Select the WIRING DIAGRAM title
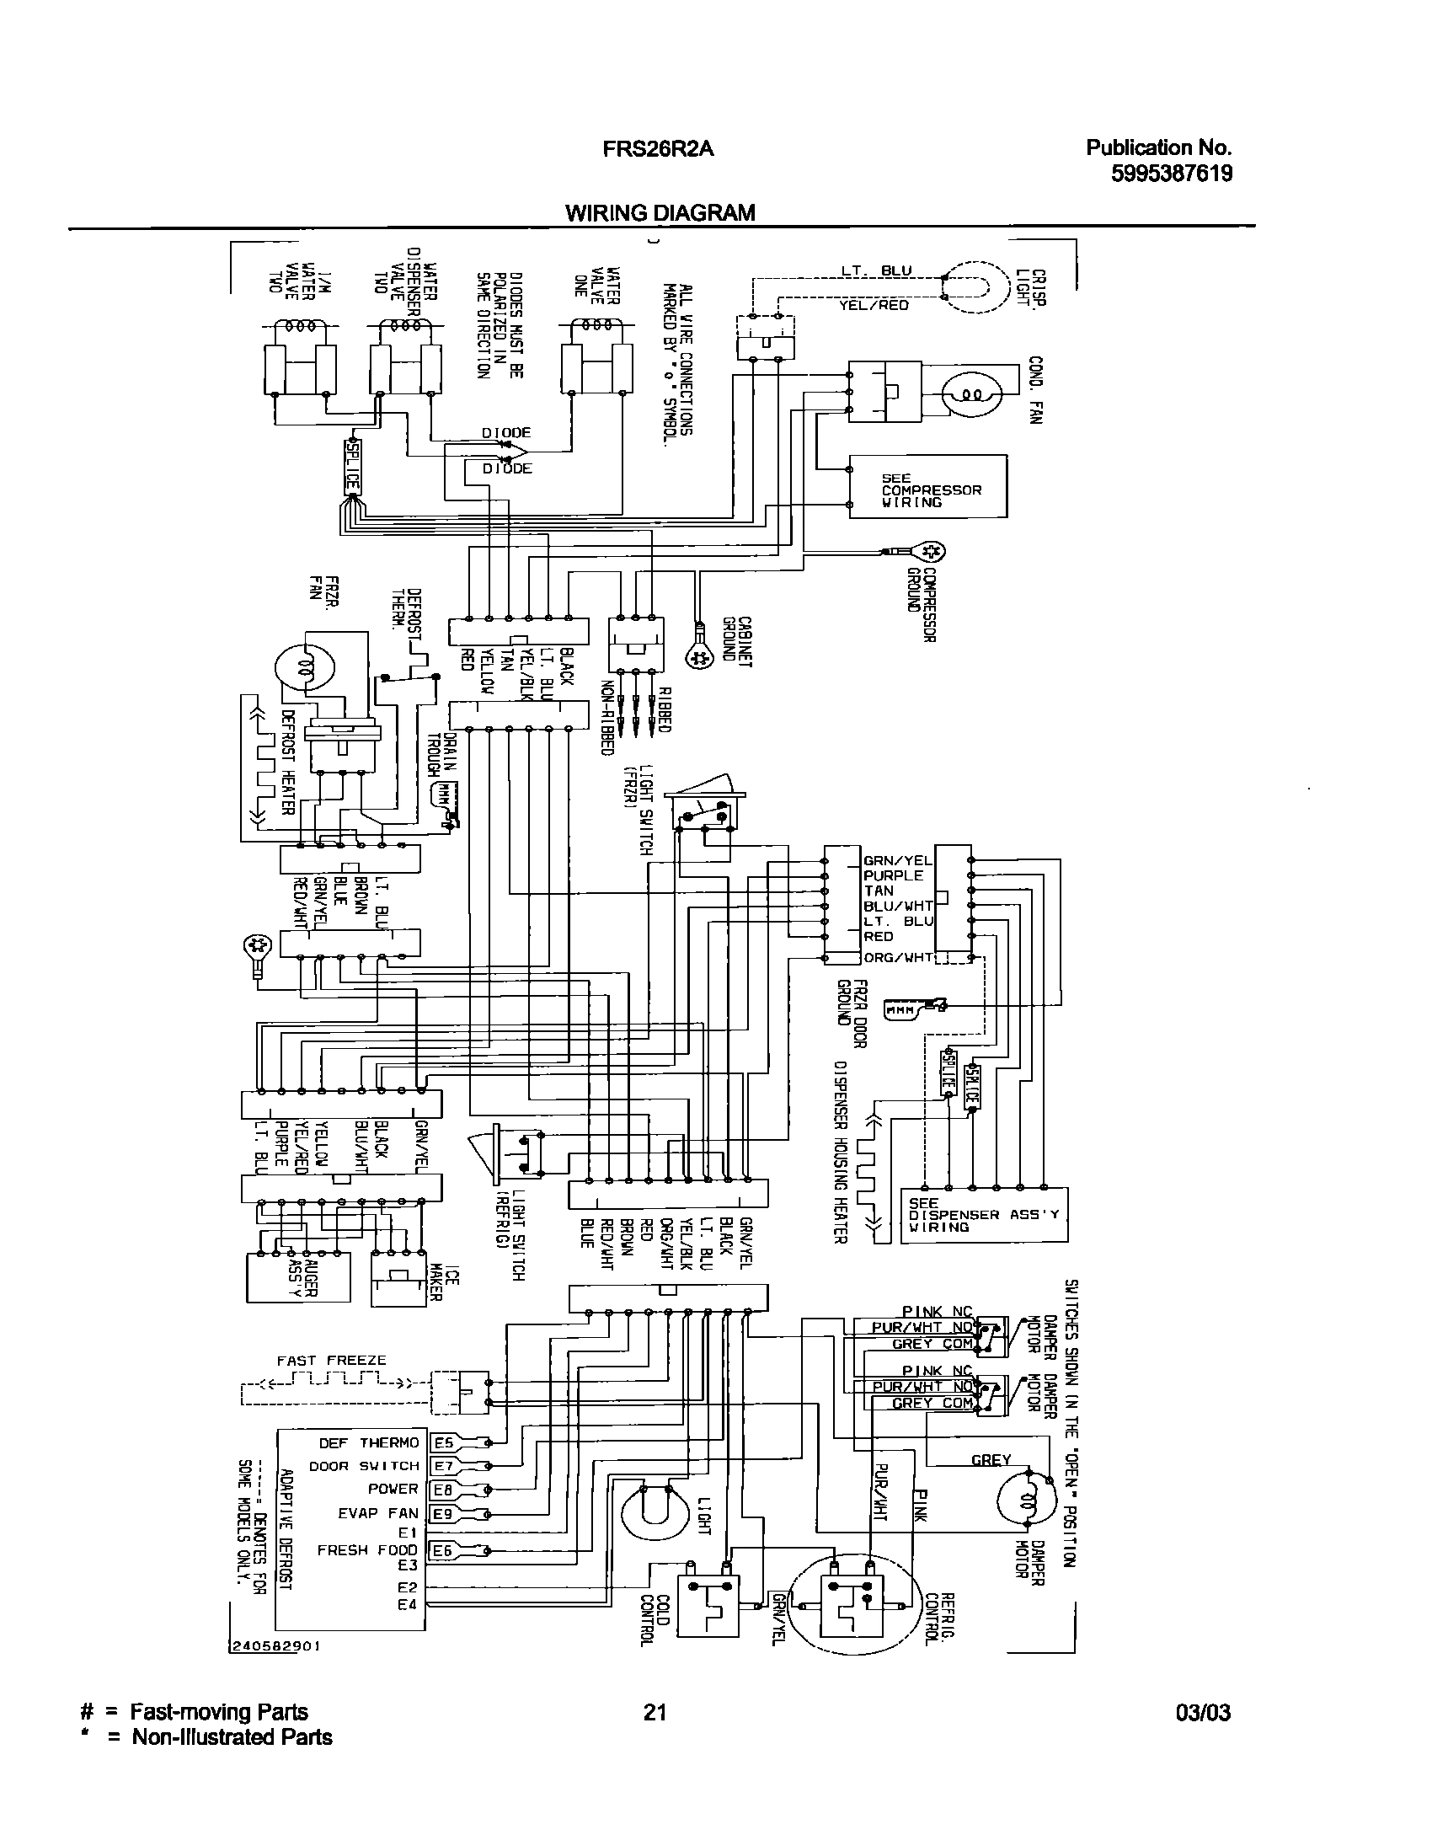(660, 213)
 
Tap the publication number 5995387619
(1172, 174)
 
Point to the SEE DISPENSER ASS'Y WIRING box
(984, 1215)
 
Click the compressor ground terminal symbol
(932, 552)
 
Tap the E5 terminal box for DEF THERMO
(443, 1442)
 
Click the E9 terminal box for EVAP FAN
(443, 1513)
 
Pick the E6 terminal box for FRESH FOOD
(443, 1549)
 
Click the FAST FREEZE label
(331, 1360)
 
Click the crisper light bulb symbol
(975, 286)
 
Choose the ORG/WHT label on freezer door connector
(898, 957)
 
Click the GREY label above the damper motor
(991, 1460)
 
